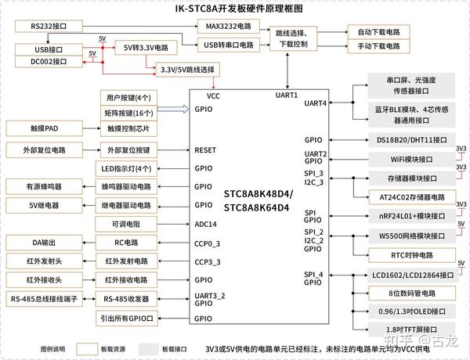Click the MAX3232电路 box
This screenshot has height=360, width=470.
pyautogui.click(x=229, y=27)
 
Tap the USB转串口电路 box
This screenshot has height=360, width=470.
pyautogui.click(x=229, y=45)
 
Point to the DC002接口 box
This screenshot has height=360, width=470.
pyautogui.click(x=49, y=62)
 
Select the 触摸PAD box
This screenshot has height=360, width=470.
pyautogui.click(x=41, y=128)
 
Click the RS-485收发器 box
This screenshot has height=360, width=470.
pyautogui.click(x=127, y=298)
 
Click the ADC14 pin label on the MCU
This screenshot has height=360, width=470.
pyautogui.click(x=206, y=225)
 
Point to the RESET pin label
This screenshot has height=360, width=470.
pyautogui.click(x=205, y=149)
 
